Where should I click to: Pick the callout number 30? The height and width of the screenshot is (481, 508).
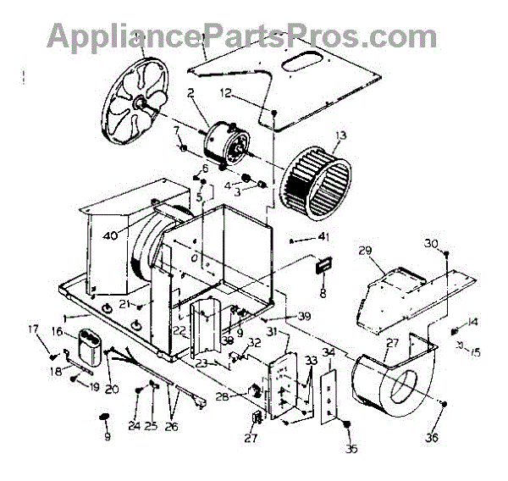point(430,243)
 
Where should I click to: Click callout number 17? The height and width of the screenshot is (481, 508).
point(35,329)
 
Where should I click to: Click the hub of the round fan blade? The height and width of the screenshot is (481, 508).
point(135,100)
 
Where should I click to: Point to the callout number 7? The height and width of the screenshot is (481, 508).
point(176,130)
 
